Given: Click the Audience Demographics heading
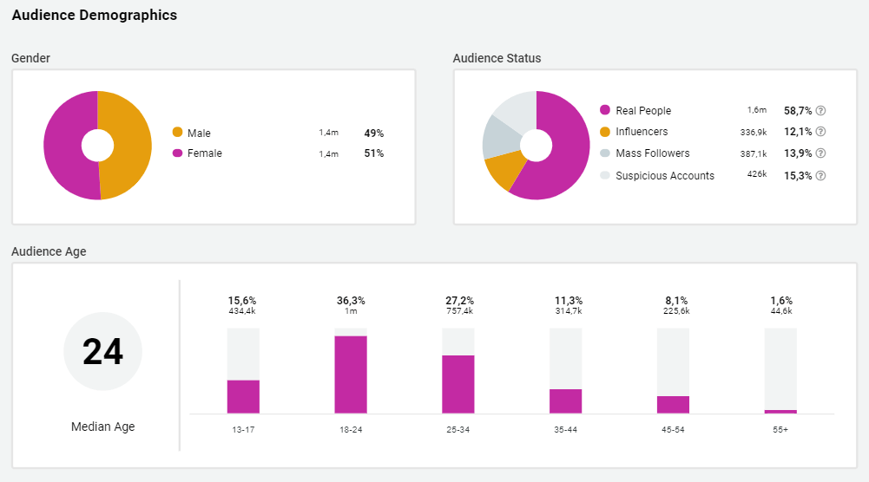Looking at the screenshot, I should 95,16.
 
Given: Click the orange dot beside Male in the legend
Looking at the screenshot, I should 178,133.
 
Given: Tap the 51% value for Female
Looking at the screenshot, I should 373,153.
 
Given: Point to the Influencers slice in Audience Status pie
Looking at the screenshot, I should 504,170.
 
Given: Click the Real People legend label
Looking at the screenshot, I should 643,111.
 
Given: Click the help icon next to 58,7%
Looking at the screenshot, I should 820,111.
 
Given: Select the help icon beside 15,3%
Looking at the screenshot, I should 820,176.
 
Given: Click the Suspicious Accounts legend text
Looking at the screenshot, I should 665,176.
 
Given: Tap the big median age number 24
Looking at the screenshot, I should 102,352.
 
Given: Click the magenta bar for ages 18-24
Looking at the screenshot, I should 351,375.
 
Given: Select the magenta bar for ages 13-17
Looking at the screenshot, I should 243,396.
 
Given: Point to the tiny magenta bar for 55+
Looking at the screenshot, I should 780,411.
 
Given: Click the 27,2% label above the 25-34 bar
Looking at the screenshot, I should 459,301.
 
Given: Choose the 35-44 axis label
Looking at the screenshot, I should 566,429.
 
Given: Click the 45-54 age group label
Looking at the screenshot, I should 673,429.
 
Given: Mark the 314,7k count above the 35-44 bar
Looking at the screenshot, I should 568,311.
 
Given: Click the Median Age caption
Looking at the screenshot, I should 102,427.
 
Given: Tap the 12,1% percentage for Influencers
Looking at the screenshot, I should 797,132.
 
